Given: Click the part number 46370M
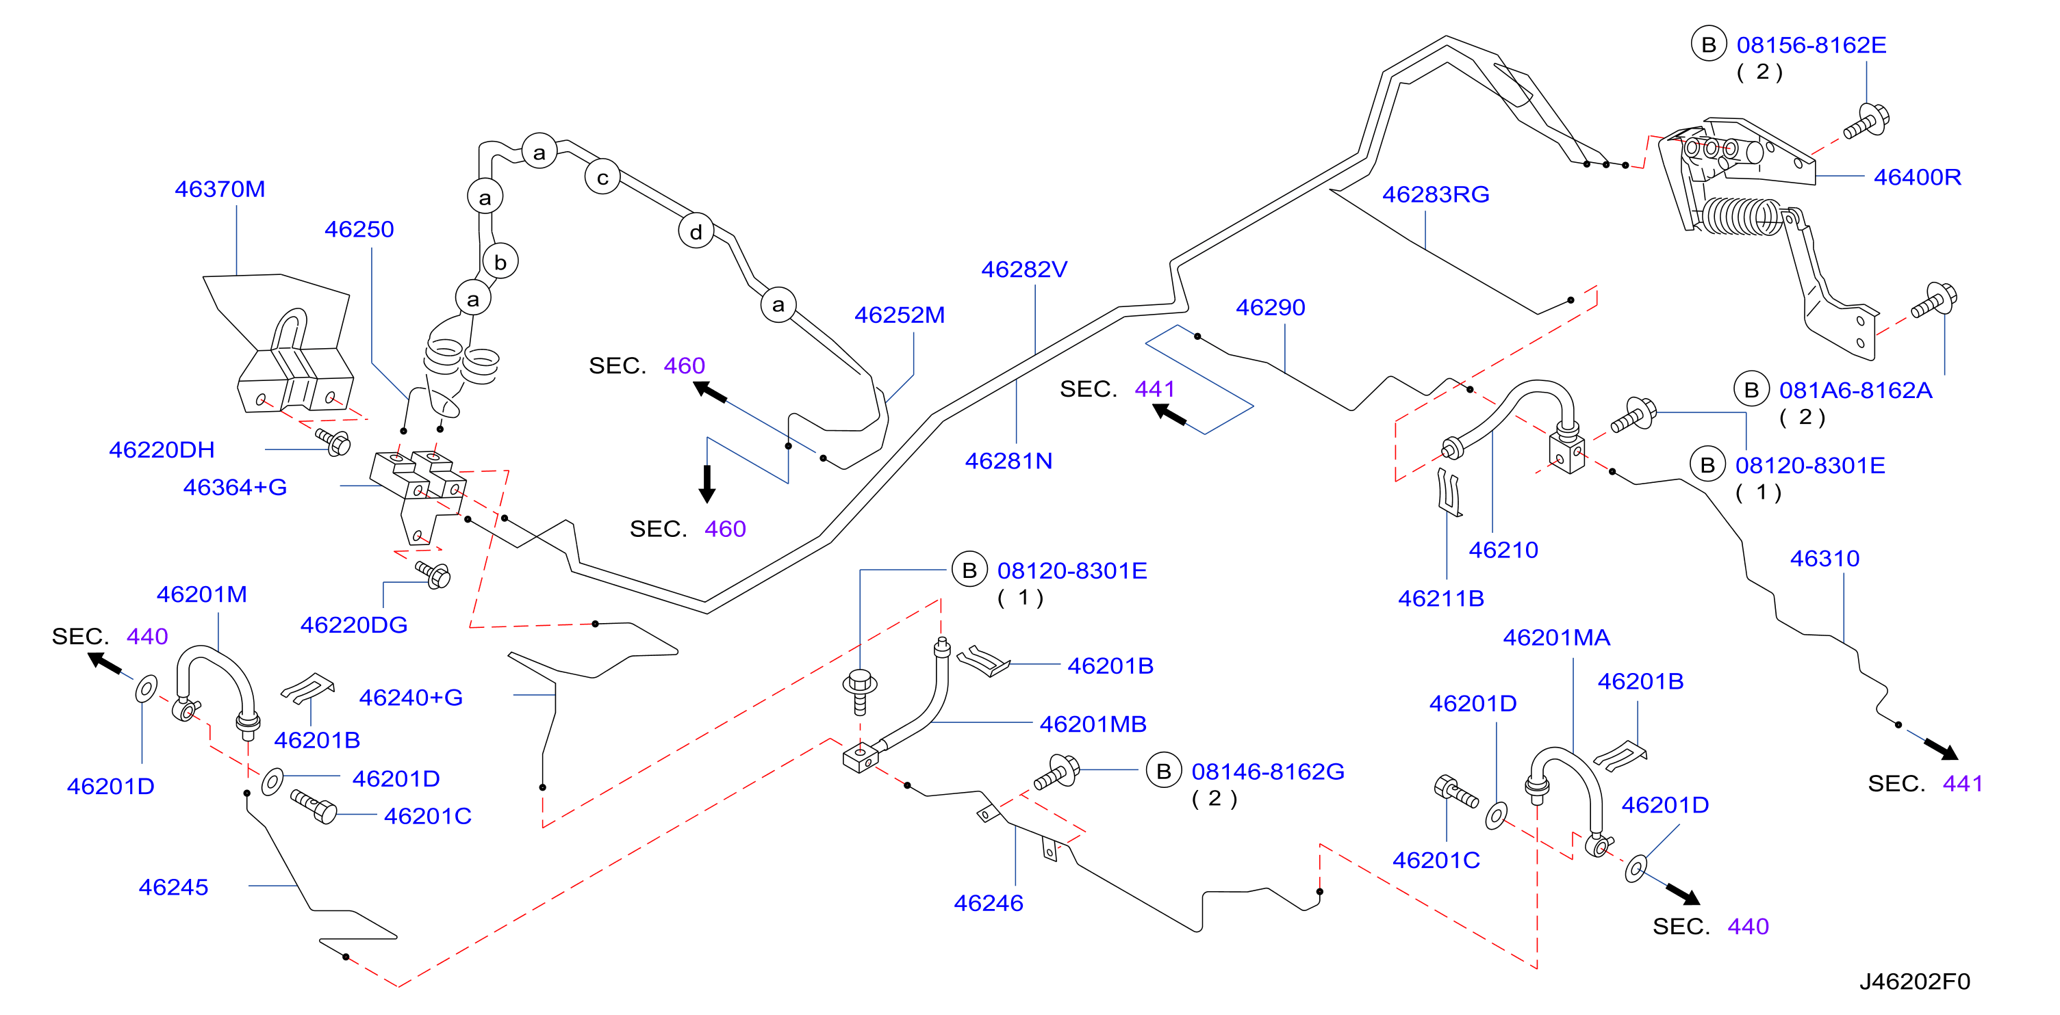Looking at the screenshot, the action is pos(220,189).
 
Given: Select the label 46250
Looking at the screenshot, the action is pos(359,229).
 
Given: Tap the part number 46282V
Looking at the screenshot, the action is pos(1023,269).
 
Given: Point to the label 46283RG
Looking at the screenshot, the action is pos(1436,194).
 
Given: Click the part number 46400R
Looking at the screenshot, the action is pos(1917,176).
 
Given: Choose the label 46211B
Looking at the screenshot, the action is pos(1440,598).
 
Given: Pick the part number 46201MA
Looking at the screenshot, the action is pos(1556,637).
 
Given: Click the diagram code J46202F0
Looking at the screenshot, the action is pos(1914,981).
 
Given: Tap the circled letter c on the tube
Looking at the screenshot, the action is pos(602,177).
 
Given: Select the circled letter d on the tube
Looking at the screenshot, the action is pos(696,232).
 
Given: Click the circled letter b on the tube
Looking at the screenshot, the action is pos(500,261).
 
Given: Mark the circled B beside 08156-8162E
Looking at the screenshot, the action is pos(1709,44).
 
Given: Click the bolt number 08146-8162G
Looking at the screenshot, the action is pos(1267,772).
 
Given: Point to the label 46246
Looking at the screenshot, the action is pos(989,903).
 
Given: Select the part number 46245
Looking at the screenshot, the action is pos(173,887).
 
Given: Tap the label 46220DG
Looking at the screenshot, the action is pos(353,624).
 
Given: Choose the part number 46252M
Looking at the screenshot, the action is pos(899,315).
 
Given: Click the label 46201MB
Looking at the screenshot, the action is pos(1093,724).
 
